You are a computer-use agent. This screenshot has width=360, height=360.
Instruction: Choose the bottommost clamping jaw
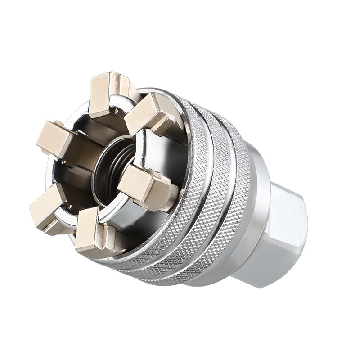tap(92, 232)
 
